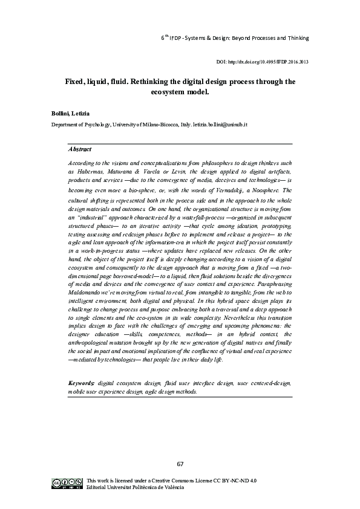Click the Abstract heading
80,149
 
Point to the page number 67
180,464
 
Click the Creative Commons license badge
67,482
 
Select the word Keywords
82,383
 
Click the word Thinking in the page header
296,37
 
